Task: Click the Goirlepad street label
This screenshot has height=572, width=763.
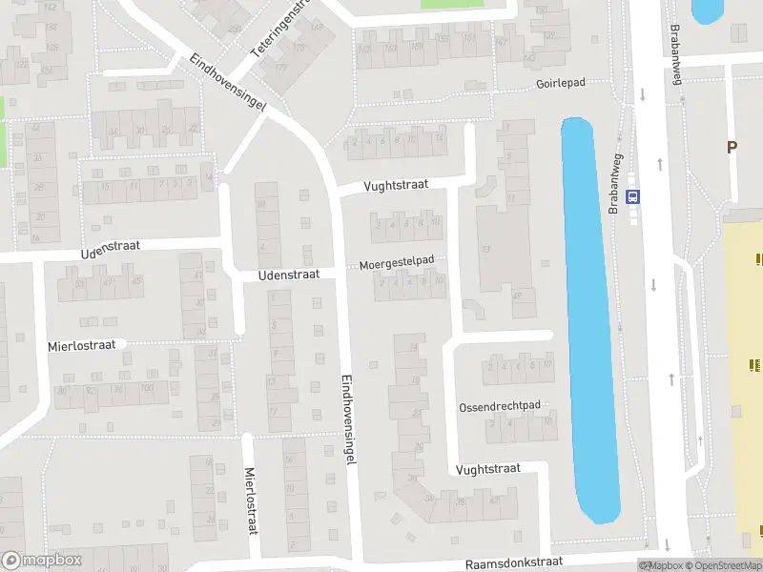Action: click(x=560, y=84)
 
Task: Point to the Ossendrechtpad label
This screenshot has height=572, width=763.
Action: click(x=499, y=406)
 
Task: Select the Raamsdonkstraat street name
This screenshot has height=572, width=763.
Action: click(x=514, y=563)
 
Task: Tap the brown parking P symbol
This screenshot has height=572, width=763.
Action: click(x=732, y=148)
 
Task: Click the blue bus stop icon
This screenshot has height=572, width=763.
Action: click(x=632, y=196)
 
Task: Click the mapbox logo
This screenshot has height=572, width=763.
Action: click(x=41, y=561)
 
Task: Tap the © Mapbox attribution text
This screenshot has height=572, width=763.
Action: click(x=663, y=565)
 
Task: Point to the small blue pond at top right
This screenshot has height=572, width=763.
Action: click(x=707, y=10)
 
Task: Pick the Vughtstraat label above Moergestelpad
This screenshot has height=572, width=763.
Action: click(x=396, y=186)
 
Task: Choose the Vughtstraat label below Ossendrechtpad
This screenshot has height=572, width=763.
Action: click(x=487, y=468)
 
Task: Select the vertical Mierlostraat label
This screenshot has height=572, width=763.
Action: click(x=253, y=500)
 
